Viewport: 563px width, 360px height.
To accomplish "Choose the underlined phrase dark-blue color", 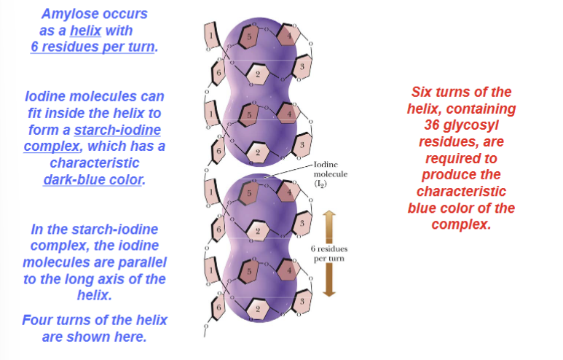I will point(92,179).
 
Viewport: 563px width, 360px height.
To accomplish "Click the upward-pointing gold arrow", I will point(328,223).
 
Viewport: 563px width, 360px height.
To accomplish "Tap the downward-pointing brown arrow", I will point(328,280).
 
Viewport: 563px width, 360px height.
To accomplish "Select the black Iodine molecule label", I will point(330,175).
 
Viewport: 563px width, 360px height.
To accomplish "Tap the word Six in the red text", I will point(425,93).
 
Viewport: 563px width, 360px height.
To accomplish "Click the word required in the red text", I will point(461,158).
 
